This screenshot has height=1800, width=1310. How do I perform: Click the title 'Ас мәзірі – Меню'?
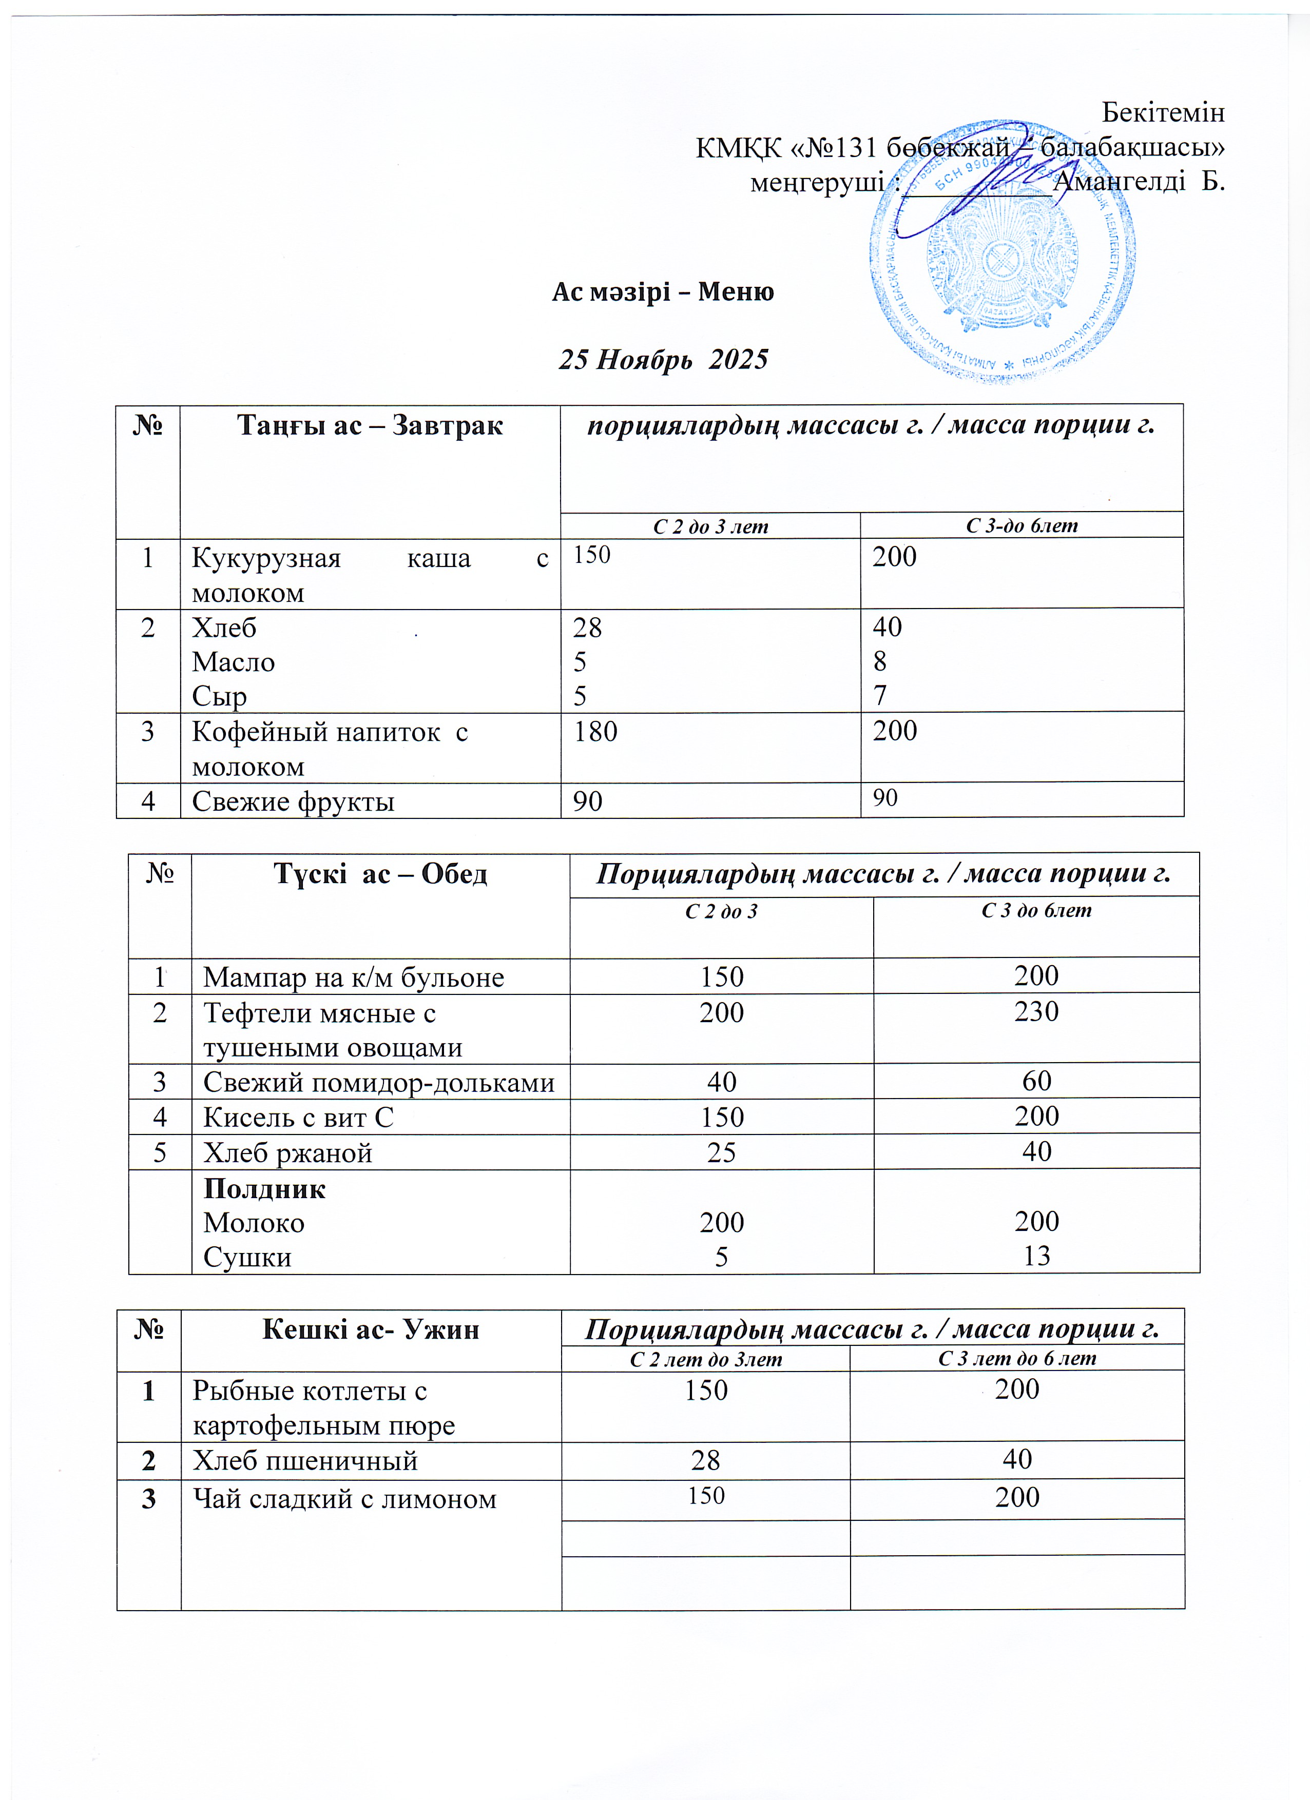click(663, 292)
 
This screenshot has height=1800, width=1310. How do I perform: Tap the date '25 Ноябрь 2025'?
click(663, 360)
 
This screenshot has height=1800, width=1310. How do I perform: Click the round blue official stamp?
click(1002, 252)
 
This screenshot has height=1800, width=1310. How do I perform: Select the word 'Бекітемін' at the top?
click(1163, 113)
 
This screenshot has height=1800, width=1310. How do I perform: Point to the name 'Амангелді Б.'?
click(1139, 182)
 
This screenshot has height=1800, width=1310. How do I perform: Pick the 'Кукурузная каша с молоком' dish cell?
click(370, 575)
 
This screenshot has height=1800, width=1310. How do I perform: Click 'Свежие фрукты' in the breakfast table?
click(293, 801)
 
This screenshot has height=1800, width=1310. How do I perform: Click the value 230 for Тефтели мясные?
click(1036, 1012)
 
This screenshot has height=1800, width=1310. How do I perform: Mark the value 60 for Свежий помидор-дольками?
click(1036, 1081)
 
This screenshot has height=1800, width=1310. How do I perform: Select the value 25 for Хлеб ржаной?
click(721, 1152)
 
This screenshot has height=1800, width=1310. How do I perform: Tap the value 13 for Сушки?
click(1036, 1256)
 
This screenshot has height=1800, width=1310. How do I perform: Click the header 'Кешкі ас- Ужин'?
click(371, 1329)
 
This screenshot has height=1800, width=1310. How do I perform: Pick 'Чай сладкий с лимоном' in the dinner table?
click(344, 1499)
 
